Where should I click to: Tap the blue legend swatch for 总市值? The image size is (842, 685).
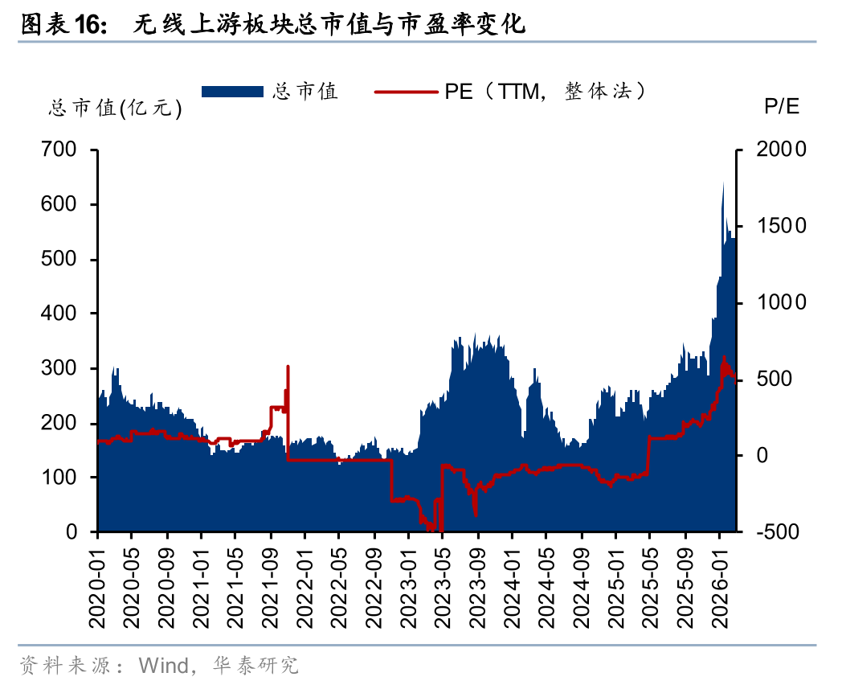[232, 92]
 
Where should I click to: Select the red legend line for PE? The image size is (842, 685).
[406, 92]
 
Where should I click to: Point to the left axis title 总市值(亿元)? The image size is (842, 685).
[116, 109]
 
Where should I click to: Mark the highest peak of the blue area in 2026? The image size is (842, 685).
[723, 183]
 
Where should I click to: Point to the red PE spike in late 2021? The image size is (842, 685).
[288, 367]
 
